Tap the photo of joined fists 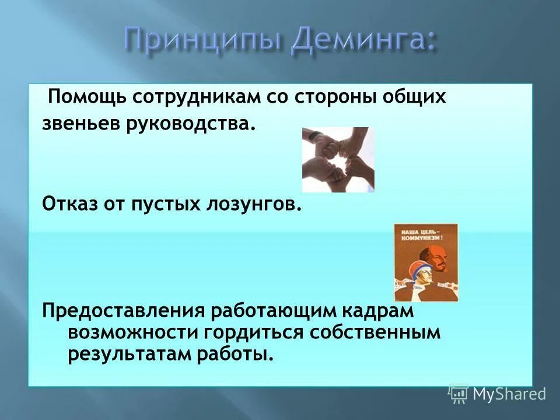[338, 159]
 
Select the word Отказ [68, 205]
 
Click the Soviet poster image [426, 262]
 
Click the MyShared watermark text [509, 394]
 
